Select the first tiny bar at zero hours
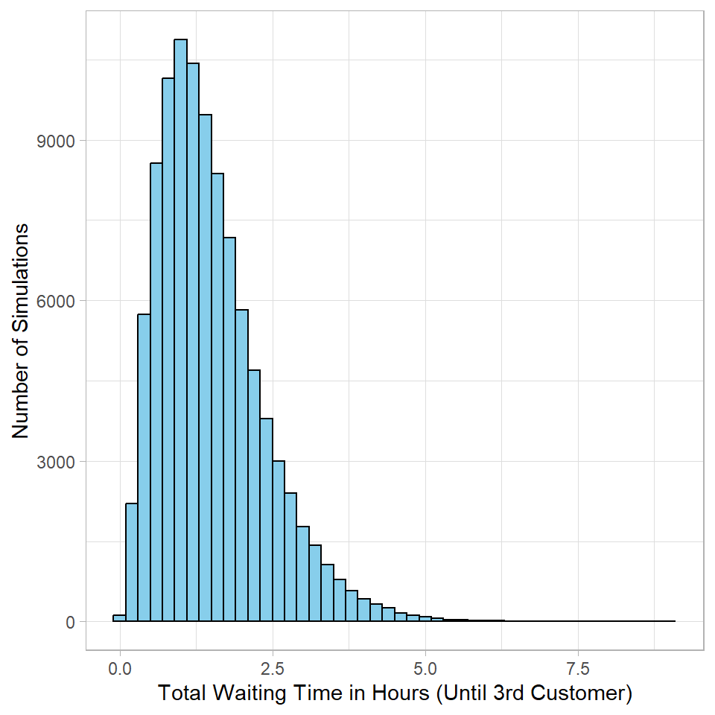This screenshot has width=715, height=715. click(119, 617)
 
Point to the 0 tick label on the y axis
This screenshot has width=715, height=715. click(71, 621)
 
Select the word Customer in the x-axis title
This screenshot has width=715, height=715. click(584, 694)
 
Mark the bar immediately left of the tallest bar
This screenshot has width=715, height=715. click(168, 350)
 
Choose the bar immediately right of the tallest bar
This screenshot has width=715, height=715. click(193, 343)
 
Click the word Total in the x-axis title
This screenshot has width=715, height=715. click(183, 694)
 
